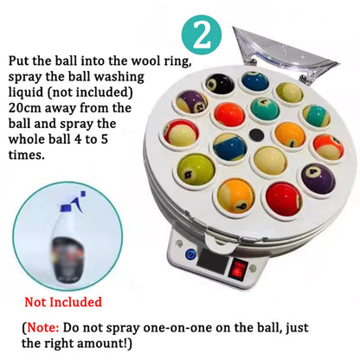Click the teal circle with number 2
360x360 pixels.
202,35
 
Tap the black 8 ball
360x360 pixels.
220,83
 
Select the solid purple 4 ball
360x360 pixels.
318,178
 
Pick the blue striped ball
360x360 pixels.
229,147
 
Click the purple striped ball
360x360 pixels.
191,101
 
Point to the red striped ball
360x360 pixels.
181,133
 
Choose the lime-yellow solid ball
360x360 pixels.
196,170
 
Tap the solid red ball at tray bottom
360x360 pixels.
283,199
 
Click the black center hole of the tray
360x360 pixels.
256,134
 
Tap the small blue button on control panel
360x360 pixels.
190,254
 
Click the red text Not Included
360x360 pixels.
63,302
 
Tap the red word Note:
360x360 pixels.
43,327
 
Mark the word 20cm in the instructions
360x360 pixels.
24,108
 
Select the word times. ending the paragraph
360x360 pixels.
27,155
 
